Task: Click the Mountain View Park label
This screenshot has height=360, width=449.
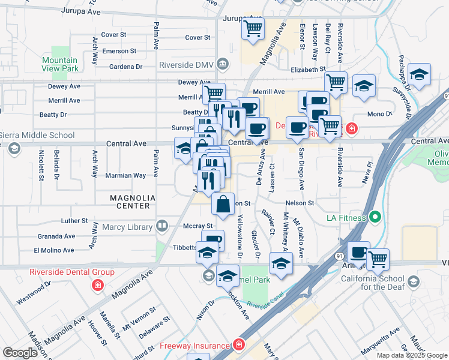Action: [60, 65]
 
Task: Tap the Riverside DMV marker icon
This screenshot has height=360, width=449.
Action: [223, 64]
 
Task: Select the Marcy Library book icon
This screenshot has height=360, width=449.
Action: [161, 226]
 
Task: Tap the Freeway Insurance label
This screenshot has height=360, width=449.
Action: [194, 346]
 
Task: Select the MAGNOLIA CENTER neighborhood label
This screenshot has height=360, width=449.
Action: [133, 202]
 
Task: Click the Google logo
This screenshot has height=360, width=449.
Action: [20, 353]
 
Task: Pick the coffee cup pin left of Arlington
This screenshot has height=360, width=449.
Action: [359, 253]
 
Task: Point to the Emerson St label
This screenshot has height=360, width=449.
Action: [119, 51]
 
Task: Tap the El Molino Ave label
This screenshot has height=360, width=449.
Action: [54, 250]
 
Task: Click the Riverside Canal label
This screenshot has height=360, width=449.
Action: [264, 305]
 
